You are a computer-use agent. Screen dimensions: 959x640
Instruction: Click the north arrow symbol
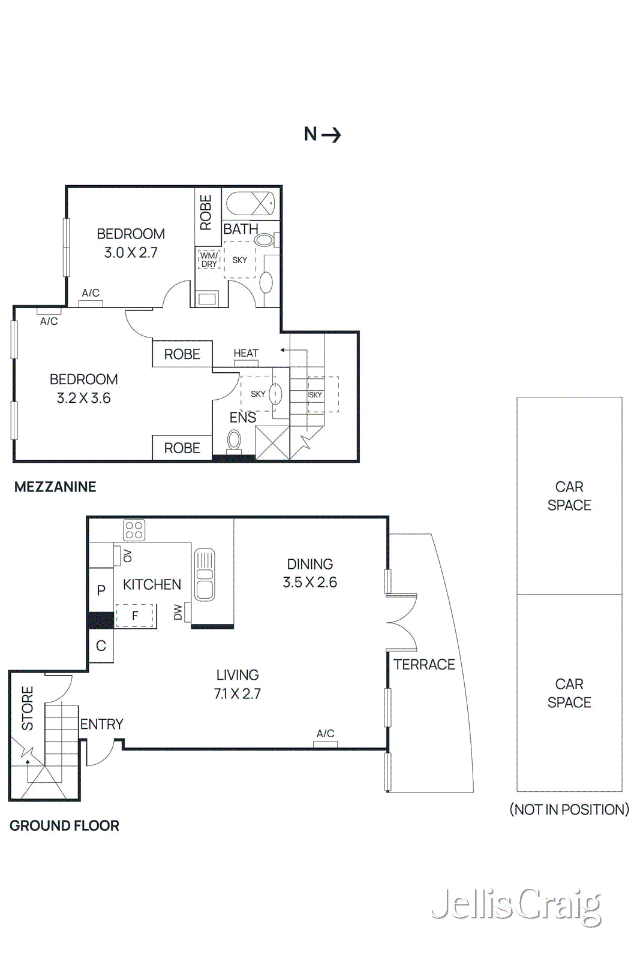click(331, 134)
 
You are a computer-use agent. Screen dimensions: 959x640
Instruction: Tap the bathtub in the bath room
click(251, 204)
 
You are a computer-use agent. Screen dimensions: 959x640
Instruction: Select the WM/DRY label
click(209, 260)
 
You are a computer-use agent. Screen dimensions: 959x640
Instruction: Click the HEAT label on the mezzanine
click(246, 353)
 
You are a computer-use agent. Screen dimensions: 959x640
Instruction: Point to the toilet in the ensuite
click(234, 441)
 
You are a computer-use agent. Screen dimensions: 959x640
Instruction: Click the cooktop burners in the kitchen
click(134, 530)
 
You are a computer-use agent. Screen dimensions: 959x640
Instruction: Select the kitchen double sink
click(205, 575)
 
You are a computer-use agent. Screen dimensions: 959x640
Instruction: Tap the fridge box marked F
click(136, 616)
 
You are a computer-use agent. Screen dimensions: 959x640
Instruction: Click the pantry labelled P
click(101, 590)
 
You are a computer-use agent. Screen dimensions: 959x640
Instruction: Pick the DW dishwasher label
click(178, 613)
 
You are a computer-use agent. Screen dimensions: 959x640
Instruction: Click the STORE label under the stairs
click(28, 708)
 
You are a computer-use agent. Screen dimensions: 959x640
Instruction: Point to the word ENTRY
click(102, 724)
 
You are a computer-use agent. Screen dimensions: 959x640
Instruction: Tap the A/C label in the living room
click(325, 733)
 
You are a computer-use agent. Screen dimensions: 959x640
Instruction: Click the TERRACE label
click(424, 664)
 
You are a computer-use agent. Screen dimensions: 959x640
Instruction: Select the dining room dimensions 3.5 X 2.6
click(310, 582)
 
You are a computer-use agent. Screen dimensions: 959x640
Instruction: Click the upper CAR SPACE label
click(569, 496)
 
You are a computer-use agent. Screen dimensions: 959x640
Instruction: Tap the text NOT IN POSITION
click(569, 809)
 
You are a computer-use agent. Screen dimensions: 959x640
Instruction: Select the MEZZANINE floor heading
click(55, 487)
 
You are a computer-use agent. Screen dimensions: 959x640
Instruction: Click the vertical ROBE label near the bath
click(206, 212)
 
